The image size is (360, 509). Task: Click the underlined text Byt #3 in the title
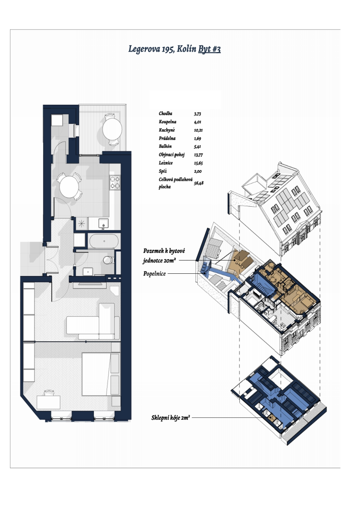click(x=209, y=49)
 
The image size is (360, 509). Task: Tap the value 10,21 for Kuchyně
click(x=198, y=130)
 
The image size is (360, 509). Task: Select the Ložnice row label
click(x=165, y=163)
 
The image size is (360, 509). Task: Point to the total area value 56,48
click(x=199, y=183)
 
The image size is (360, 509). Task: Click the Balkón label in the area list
click(x=165, y=146)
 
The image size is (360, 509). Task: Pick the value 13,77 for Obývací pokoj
click(x=198, y=155)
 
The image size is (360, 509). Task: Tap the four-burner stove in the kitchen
click(x=115, y=182)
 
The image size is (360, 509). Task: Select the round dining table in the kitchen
click(x=69, y=186)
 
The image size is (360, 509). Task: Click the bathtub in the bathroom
click(x=103, y=241)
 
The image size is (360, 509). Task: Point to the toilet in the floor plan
click(x=108, y=260)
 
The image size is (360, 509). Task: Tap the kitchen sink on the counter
click(x=103, y=223)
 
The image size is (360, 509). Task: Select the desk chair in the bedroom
click(x=48, y=393)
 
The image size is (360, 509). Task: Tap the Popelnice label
click(x=155, y=274)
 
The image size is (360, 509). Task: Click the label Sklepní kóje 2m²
click(x=170, y=418)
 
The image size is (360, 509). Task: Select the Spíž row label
click(x=163, y=171)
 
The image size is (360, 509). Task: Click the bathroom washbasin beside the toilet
click(x=88, y=271)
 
